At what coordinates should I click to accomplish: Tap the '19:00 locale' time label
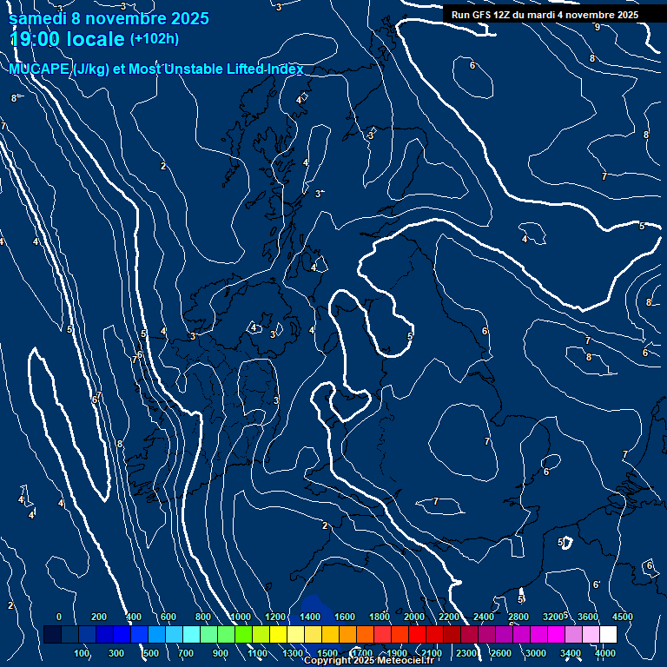coord(67,39)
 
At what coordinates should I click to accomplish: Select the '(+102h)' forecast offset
coord(154,39)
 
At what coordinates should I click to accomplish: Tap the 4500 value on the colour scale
coord(622,616)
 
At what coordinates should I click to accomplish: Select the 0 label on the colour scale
coord(58,616)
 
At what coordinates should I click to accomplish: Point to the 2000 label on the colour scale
coord(413,616)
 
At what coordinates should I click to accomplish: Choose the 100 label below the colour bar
coord(83,653)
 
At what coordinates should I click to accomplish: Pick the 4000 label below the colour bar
coord(606,653)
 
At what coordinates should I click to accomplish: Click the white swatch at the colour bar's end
coord(608,635)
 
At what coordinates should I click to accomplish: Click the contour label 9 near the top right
coord(597,27)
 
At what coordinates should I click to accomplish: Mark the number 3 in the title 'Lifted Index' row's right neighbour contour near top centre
coord(279,7)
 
